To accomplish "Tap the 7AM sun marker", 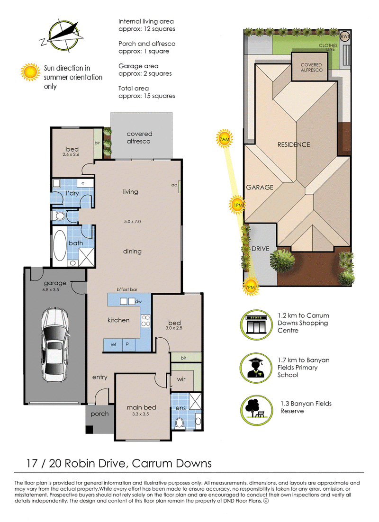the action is click(x=224, y=138).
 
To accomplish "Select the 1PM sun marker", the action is click(x=237, y=205).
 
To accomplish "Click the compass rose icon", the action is click(x=62, y=35).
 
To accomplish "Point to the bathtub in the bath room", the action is click(x=60, y=245).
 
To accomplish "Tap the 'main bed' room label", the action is click(x=141, y=407).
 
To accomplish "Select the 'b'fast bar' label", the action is click(x=127, y=289).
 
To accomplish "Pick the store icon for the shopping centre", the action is click(x=256, y=324).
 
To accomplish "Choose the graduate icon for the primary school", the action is click(x=256, y=369).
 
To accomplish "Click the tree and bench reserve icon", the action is click(x=256, y=411).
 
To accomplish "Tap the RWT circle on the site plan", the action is click(x=345, y=36).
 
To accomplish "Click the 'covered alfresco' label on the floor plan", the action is click(x=139, y=137).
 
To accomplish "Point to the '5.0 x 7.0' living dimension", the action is click(x=133, y=221).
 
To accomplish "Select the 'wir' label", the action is click(x=181, y=379).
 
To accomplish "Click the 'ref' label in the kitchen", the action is click(x=114, y=344).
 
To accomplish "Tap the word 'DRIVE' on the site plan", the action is click(x=261, y=249).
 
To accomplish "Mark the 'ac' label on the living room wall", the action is click(x=174, y=185).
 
